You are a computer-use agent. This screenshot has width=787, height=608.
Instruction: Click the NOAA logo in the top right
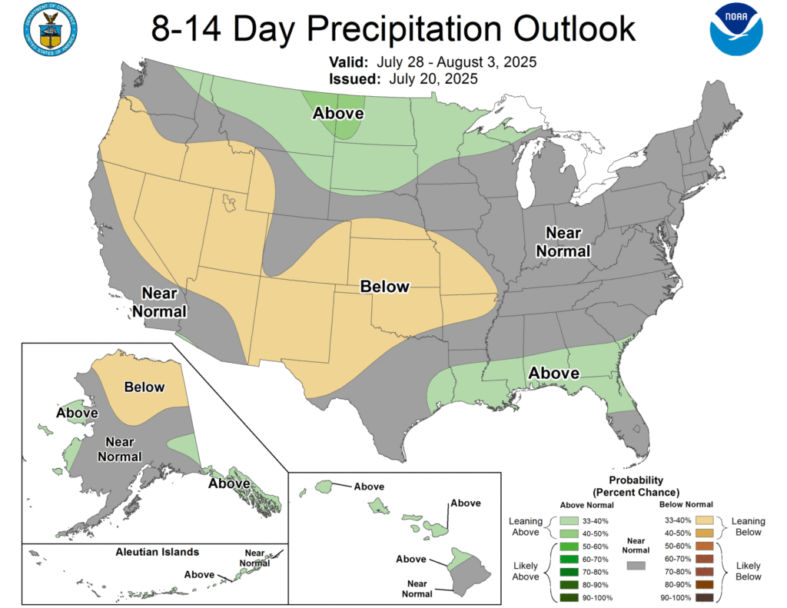[736, 29]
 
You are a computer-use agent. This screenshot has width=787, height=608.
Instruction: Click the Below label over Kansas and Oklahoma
[385, 286]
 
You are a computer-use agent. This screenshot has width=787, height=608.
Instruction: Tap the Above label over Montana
[337, 114]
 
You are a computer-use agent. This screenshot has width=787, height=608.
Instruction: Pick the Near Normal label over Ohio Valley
[563, 241]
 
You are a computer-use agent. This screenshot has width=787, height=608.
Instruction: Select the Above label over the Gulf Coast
[553, 373]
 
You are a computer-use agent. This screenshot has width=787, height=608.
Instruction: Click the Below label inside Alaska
[144, 387]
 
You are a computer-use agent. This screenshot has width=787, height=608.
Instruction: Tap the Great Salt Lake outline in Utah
[229, 204]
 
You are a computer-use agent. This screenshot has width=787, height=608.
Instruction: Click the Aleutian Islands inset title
[158, 552]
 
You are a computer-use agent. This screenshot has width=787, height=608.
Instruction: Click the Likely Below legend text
[749, 571]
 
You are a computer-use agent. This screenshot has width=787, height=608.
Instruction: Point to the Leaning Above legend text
[526, 527]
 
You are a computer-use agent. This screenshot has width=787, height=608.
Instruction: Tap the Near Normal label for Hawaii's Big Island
[415, 589]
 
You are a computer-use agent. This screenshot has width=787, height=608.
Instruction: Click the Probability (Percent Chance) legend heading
[636, 486]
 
